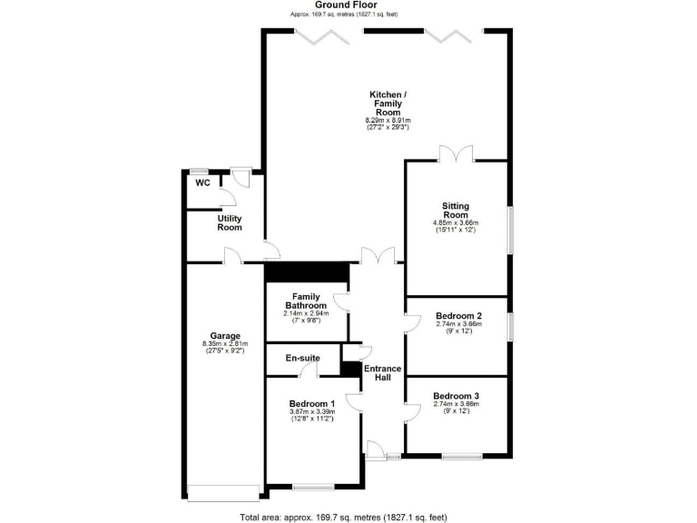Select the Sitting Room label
coord(456,211)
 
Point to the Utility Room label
coord(230,222)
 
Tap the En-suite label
coord(302,359)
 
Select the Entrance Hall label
coord(383,371)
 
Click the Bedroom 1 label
coord(312,404)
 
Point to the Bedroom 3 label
coord(456,396)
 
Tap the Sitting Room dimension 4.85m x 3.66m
coord(456,223)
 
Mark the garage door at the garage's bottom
coord(222,494)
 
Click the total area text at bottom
coord(344,517)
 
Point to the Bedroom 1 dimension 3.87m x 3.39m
coord(312,412)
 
